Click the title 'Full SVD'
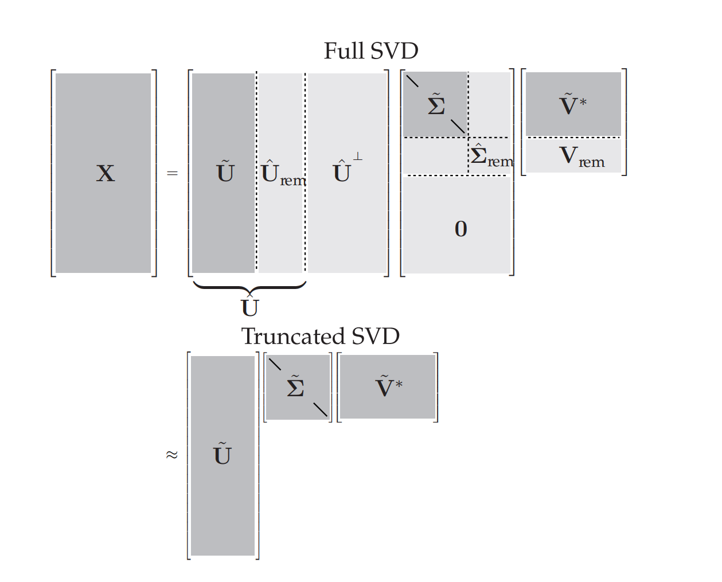(x=371, y=51)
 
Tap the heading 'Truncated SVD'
(x=320, y=337)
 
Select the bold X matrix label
(x=106, y=173)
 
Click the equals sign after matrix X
(x=172, y=173)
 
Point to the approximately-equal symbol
(x=171, y=455)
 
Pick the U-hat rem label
(x=283, y=174)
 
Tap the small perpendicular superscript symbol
(x=358, y=156)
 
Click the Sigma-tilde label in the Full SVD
(x=436, y=104)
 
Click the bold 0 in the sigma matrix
(x=460, y=229)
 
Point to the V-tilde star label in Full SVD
(x=572, y=104)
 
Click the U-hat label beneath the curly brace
(x=250, y=307)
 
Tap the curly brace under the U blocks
(x=249, y=286)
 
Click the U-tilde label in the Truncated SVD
(x=223, y=454)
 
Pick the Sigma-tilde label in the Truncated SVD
(x=295, y=386)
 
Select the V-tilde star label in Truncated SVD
(x=388, y=386)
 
